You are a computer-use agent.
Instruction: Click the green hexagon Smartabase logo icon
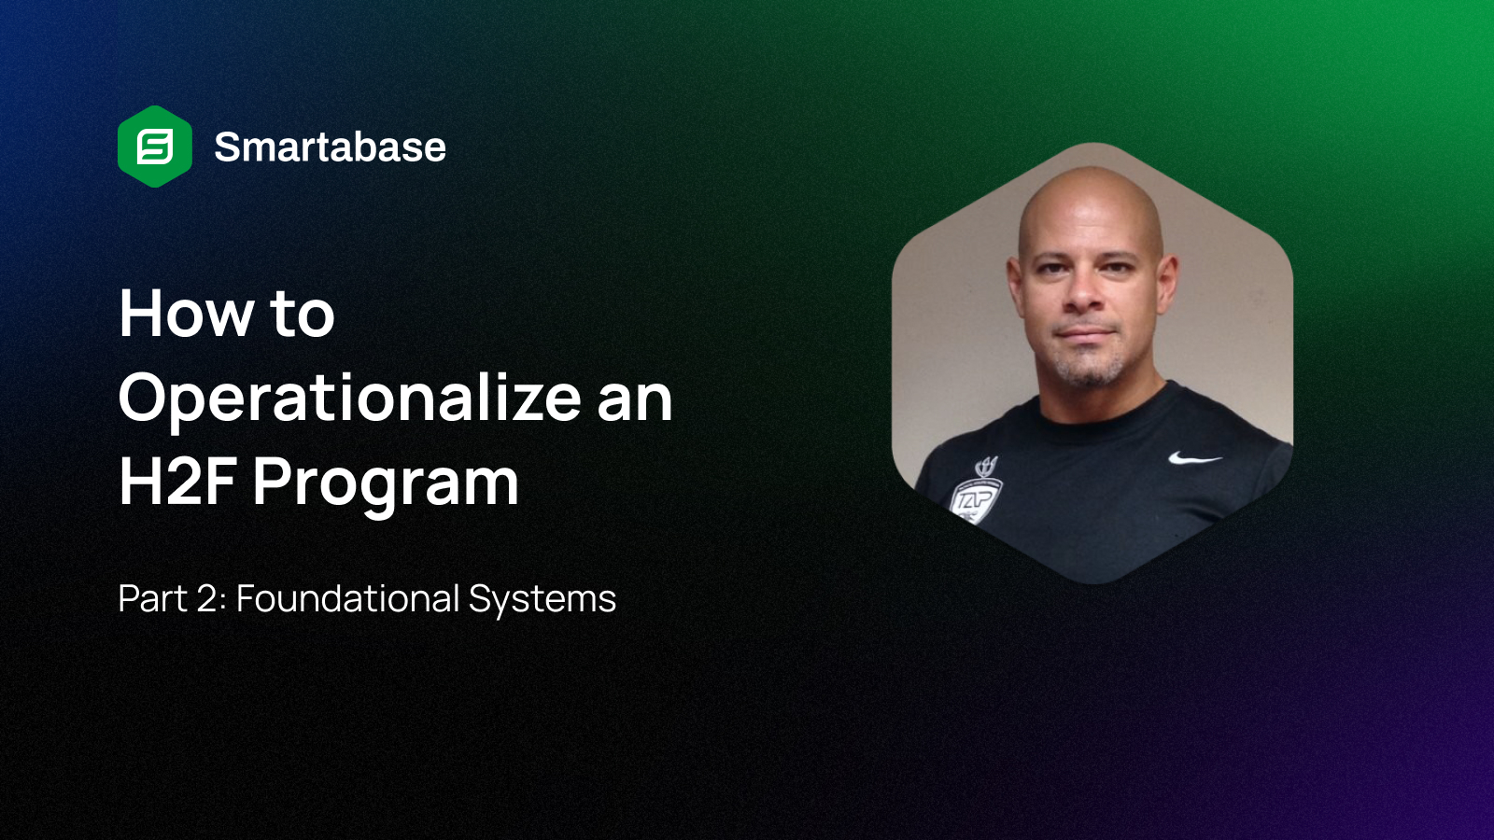[155, 147]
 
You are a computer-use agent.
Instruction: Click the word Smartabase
[330, 147]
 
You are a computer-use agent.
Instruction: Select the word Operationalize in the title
[350, 399]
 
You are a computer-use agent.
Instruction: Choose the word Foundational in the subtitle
[347, 599]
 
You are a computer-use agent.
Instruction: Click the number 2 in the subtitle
[206, 599]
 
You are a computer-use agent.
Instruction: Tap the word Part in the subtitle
[152, 599]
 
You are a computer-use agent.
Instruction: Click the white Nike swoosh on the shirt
[1194, 458]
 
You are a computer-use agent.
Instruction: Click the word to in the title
[302, 315]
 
